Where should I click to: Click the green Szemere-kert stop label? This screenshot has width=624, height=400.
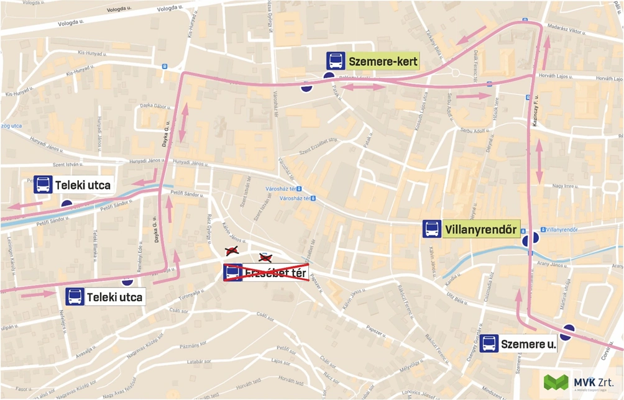[383, 61]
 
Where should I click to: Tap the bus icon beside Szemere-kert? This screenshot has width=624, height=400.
[336, 61]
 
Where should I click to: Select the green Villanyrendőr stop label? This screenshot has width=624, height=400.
[480, 229]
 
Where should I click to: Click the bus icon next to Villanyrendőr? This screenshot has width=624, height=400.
[432, 229]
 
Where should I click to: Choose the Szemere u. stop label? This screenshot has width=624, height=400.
[528, 343]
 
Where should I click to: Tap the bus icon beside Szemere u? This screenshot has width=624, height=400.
[489, 343]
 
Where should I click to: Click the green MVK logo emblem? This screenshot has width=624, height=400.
[556, 382]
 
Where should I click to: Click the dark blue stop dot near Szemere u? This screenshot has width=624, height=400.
[567, 330]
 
